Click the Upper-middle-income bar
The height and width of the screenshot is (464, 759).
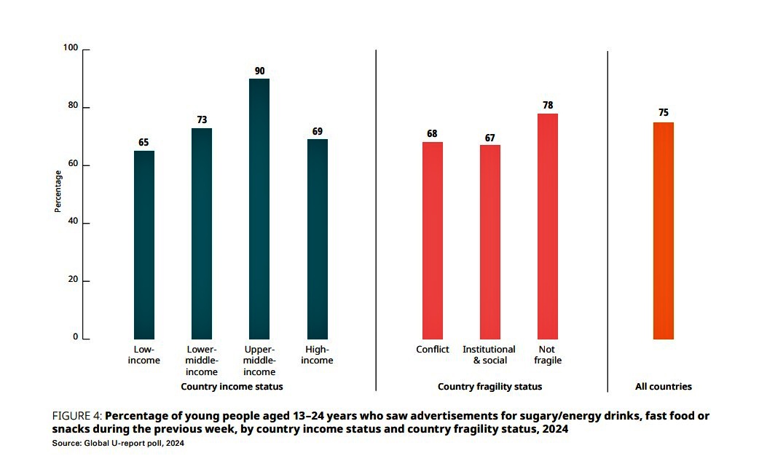point(259,208)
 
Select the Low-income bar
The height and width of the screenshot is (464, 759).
point(144,245)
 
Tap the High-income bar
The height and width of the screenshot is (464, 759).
point(317,239)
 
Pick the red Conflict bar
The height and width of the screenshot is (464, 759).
point(433,240)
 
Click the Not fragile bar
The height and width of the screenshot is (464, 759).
point(548,226)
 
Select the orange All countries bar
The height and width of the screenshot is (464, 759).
point(664,230)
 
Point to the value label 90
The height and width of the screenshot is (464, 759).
point(259,71)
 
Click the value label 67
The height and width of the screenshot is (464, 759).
point(489,138)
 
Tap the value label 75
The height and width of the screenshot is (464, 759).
point(663,113)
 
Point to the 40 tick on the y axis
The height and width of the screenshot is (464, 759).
point(73,222)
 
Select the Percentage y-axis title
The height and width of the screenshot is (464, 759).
point(58,191)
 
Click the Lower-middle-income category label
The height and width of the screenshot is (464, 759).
point(202,361)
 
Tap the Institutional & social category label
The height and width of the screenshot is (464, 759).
point(489,355)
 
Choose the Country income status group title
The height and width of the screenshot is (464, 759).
point(232,387)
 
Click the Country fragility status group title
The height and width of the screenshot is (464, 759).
point(489,387)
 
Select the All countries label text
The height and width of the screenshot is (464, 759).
point(664,387)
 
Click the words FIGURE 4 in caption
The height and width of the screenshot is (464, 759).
point(71,416)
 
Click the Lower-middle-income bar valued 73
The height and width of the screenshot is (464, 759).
point(202,233)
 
